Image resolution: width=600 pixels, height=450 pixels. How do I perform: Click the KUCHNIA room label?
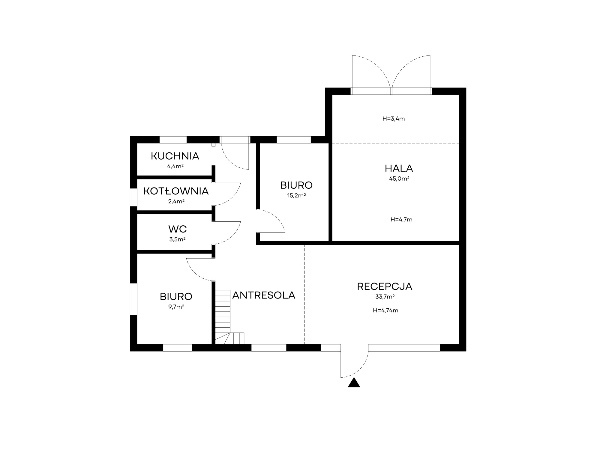click(x=175, y=156)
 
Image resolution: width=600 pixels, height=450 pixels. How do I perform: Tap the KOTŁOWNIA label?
click(x=176, y=191)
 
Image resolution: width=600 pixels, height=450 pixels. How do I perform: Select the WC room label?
click(x=178, y=229)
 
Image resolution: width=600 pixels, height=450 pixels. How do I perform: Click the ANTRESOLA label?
click(x=264, y=295)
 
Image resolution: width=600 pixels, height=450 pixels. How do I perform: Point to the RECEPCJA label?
click(x=385, y=286)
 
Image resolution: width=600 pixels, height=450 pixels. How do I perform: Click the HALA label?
click(x=399, y=168)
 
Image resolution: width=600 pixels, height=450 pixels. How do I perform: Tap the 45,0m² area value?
click(x=399, y=178)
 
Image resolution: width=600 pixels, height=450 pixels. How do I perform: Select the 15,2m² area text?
click(x=296, y=196)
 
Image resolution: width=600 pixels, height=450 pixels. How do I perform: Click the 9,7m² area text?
click(x=176, y=307)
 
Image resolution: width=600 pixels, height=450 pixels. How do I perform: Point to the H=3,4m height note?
click(x=394, y=119)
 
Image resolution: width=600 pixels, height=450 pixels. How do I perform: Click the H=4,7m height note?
click(x=401, y=220)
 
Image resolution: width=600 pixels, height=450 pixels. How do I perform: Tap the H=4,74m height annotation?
click(x=385, y=310)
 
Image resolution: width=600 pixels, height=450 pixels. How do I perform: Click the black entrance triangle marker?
click(x=354, y=383)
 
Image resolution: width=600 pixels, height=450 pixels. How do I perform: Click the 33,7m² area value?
click(x=385, y=297)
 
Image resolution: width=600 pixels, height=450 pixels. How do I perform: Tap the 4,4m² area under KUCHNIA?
click(x=175, y=166)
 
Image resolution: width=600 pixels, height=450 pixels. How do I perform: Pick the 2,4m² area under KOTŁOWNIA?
click(x=176, y=201)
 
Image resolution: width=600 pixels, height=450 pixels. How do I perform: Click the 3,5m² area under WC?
click(x=177, y=239)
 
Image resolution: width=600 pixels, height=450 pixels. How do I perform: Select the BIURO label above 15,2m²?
click(x=296, y=185)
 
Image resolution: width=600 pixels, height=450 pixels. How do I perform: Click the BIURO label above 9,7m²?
click(x=176, y=296)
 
